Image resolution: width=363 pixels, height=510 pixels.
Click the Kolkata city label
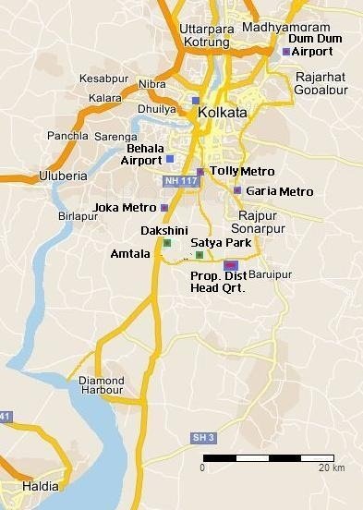[x=223, y=112]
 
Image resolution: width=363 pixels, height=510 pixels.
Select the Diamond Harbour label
[x=101, y=385]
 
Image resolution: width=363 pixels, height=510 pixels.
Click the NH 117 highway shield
[x=180, y=180]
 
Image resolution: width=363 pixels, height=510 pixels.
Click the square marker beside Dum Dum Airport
[x=286, y=53]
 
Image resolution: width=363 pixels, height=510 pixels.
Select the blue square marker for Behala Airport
[x=169, y=158]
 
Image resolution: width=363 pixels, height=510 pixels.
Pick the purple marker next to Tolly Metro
[x=200, y=172]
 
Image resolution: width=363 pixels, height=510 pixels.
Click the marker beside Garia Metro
[x=237, y=191]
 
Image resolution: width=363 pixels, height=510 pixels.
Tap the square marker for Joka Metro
[x=163, y=208]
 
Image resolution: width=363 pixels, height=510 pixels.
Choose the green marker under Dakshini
[x=167, y=243]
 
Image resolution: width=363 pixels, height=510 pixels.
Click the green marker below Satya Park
[x=199, y=254]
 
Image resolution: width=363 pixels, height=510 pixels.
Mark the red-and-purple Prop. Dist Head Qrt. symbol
[x=230, y=265]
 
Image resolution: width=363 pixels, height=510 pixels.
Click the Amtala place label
[x=129, y=253]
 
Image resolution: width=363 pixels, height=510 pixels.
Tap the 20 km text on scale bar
[x=332, y=467]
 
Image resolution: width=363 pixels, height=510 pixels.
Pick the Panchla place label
[x=67, y=136]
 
